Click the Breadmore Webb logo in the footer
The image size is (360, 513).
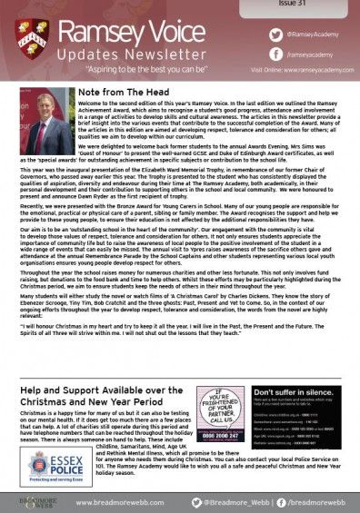(28, 498)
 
